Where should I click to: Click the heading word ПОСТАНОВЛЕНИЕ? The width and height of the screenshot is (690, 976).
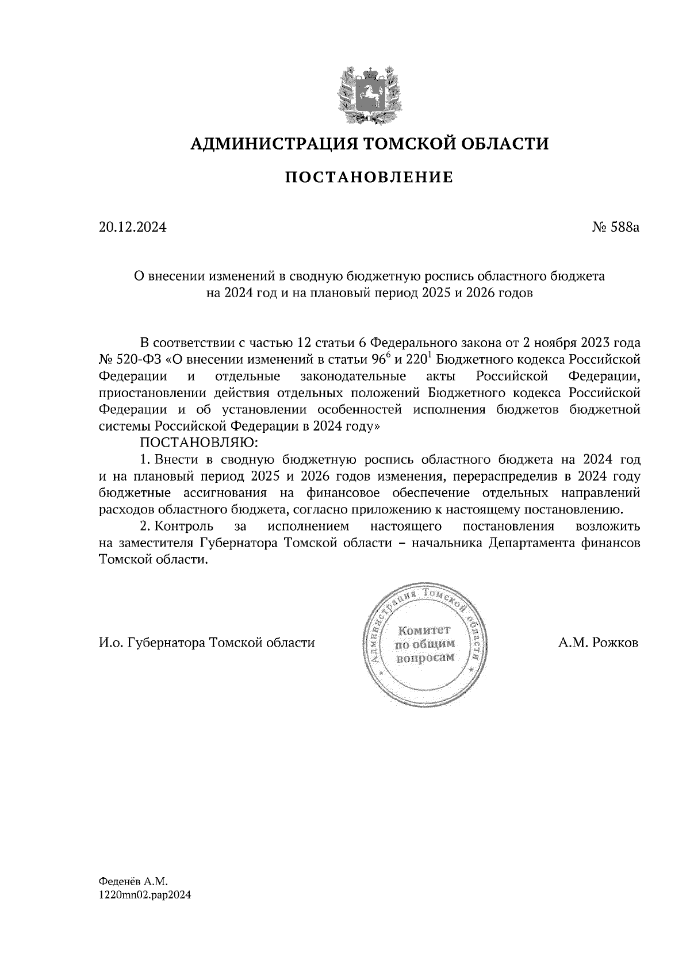click(x=369, y=178)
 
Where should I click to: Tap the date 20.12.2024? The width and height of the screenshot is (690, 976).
click(x=132, y=227)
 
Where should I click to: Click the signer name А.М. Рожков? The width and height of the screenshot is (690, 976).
click(x=598, y=643)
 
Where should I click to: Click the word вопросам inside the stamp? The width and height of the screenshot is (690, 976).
click(x=425, y=658)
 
